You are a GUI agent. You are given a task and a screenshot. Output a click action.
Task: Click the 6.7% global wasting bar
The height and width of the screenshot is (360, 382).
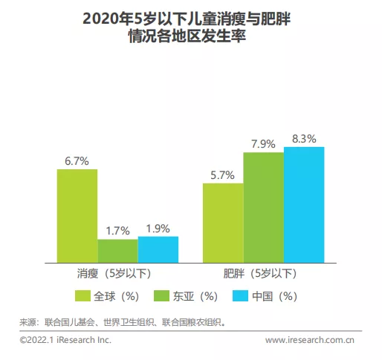[x=77, y=216]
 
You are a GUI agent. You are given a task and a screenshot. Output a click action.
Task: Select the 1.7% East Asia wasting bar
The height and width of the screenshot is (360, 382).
[x=117, y=251]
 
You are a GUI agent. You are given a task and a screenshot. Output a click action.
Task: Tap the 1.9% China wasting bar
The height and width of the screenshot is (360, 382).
[x=158, y=249]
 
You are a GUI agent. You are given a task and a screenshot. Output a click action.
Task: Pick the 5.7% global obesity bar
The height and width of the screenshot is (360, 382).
[x=223, y=223]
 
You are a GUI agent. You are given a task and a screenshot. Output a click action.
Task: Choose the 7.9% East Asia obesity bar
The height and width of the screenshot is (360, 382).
[x=264, y=207]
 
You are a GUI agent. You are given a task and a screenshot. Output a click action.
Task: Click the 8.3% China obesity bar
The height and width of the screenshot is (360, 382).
[x=304, y=205]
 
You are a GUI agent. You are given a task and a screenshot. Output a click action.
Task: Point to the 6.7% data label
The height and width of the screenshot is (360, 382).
[x=77, y=160]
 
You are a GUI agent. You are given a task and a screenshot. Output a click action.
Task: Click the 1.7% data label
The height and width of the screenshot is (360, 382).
[x=117, y=229]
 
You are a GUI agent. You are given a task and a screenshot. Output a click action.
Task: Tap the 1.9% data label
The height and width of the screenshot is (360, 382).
[x=158, y=227]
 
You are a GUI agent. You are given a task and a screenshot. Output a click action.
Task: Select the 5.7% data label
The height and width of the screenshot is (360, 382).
[x=223, y=174]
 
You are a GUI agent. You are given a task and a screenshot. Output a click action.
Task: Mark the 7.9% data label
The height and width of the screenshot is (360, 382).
[x=264, y=143]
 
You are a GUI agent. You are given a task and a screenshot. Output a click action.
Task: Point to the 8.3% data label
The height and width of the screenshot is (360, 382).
[x=304, y=138]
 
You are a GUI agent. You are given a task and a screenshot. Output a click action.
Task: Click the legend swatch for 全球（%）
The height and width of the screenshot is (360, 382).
[x=83, y=295]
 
